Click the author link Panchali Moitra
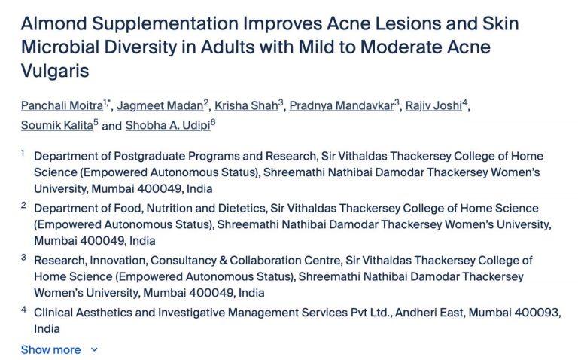[x=62, y=106]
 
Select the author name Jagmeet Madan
[x=160, y=106]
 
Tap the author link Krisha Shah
[x=246, y=106]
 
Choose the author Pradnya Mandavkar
[x=342, y=106]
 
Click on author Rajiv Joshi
[x=433, y=106]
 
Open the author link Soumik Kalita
[x=56, y=126]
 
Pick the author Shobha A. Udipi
[x=168, y=126]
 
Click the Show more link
[x=51, y=349]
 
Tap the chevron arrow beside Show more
[x=94, y=349]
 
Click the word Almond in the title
[x=54, y=23]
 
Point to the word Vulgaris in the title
[x=55, y=71]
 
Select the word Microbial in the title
[x=60, y=47]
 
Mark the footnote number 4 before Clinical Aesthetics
[x=23, y=309]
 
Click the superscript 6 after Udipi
[x=213, y=122]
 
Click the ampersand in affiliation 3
[x=223, y=261]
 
